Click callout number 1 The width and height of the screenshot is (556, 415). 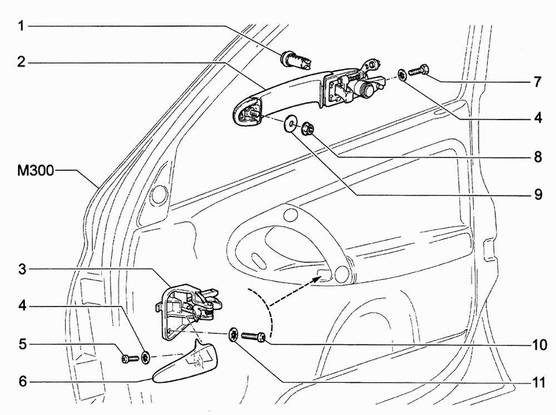coord(22,26)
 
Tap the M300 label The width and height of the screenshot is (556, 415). coord(36,171)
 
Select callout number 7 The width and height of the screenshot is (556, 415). coord(538,82)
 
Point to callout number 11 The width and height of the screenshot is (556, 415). coord(538,383)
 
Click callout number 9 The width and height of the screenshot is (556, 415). coord(538,194)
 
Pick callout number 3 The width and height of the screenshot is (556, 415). coord(22,269)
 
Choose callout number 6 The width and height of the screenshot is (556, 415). coord(22,382)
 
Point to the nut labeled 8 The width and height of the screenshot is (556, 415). coord(307,128)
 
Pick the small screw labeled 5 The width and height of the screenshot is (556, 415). coord(130,359)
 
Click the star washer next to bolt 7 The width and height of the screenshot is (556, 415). coord(402,76)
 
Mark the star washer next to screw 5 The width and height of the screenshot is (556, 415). coord(146,357)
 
